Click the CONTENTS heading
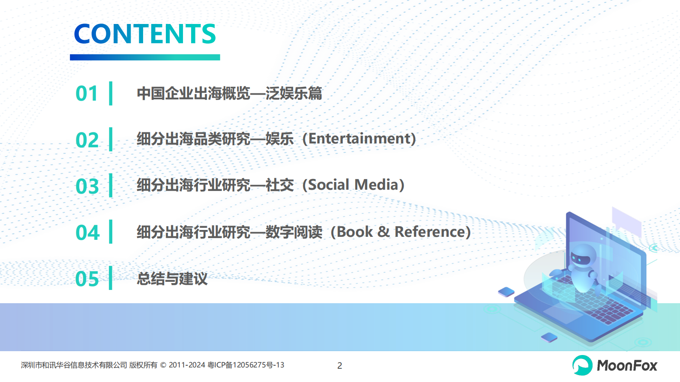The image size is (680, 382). pos(145,34)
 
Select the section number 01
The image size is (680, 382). pos(87,94)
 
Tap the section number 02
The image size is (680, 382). pos(87,140)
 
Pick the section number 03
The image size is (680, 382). pos(87,186)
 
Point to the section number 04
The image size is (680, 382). pos(87,233)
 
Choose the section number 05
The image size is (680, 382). pos(87,279)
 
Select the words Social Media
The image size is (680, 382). pos(353,185)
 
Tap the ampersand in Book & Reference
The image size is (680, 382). pos(383,232)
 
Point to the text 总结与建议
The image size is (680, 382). pos(172,279)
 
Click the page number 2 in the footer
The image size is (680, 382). pos(340,366)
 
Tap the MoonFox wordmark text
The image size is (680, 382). pos(627,366)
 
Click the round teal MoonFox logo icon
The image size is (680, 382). pos(582,365)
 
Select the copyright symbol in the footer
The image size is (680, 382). pos(163,365)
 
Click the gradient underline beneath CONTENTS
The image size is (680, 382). pos(145,57)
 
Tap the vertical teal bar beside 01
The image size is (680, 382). pos(111,93)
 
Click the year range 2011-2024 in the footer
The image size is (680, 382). pos(187,365)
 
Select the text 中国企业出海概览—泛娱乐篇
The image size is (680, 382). pos(229,93)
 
